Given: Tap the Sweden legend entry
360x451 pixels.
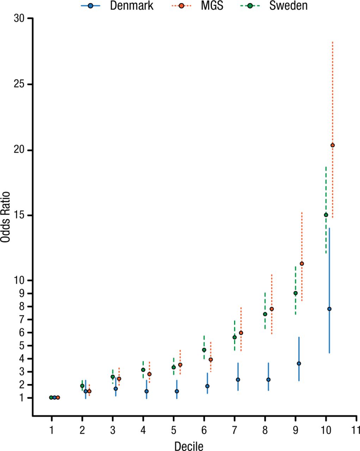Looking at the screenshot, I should (278, 6).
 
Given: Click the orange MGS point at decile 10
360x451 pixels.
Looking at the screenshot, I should (332, 145).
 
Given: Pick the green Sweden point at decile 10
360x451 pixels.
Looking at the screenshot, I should (326, 215).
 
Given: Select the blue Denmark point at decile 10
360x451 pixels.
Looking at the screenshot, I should (329, 309).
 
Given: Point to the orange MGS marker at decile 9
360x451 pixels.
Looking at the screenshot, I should (302, 264).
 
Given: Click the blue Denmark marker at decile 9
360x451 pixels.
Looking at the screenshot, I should (299, 363).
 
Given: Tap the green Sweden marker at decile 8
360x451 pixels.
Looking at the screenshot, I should (265, 314).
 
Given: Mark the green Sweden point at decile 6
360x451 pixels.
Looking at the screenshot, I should (204, 350).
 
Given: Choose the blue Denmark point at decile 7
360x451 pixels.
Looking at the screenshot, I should (238, 379).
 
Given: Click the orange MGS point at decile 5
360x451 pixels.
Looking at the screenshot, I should (180, 365).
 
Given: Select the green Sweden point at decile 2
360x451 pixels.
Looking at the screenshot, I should (82, 386).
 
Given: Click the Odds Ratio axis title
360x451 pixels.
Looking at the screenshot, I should (5, 217).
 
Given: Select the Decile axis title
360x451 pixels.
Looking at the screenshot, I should (189, 446).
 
